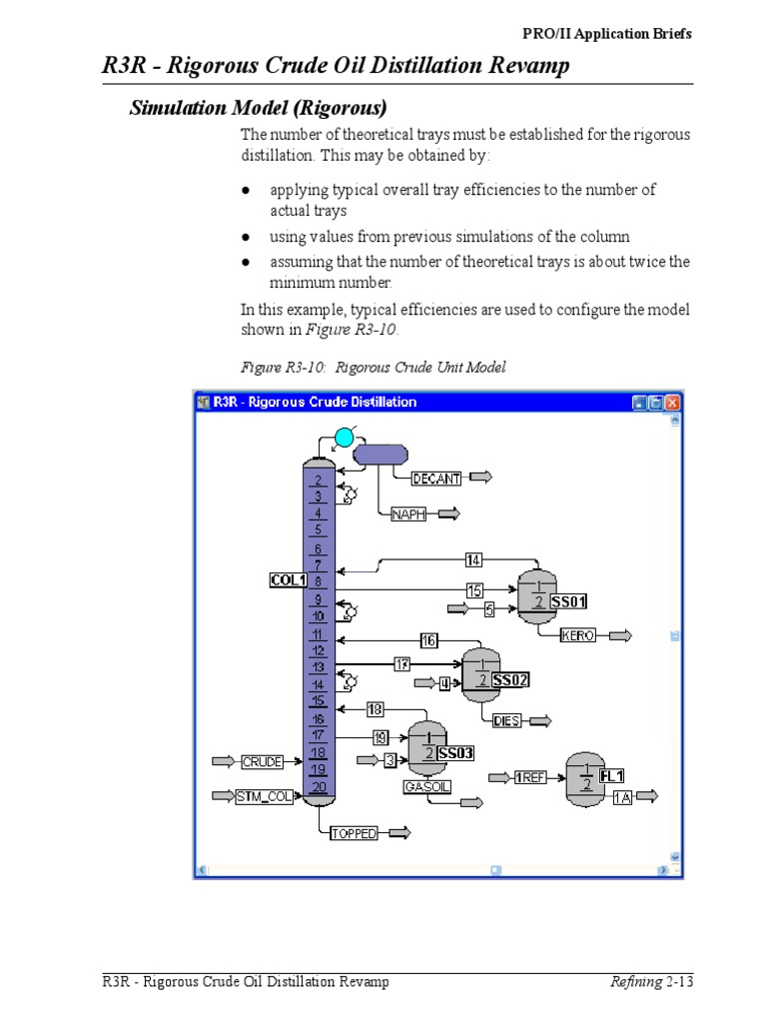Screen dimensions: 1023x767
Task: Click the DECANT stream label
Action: click(x=436, y=479)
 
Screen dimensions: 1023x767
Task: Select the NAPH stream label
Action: click(x=408, y=514)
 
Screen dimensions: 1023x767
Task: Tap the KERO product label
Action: click(x=578, y=635)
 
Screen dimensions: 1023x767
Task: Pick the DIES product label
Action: click(x=507, y=720)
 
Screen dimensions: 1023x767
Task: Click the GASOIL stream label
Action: click(x=426, y=787)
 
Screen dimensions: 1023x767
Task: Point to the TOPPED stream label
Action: click(x=354, y=833)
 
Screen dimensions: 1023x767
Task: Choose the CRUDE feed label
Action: click(x=262, y=762)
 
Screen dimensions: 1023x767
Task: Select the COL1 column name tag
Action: click(x=288, y=579)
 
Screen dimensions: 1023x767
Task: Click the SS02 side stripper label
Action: click(x=510, y=680)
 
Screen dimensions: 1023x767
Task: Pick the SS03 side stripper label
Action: click(x=454, y=753)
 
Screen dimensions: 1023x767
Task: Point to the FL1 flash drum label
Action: click(x=612, y=776)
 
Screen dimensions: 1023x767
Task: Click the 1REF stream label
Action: click(x=529, y=777)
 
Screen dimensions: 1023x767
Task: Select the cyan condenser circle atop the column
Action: click(x=344, y=437)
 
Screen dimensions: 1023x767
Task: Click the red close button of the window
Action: click(x=672, y=403)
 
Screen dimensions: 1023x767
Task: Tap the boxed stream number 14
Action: click(x=473, y=560)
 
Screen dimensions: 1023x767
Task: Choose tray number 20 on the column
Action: click(x=319, y=787)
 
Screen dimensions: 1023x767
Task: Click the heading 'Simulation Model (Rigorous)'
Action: click(x=259, y=107)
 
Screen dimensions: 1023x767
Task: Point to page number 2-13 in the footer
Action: click(x=678, y=982)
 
